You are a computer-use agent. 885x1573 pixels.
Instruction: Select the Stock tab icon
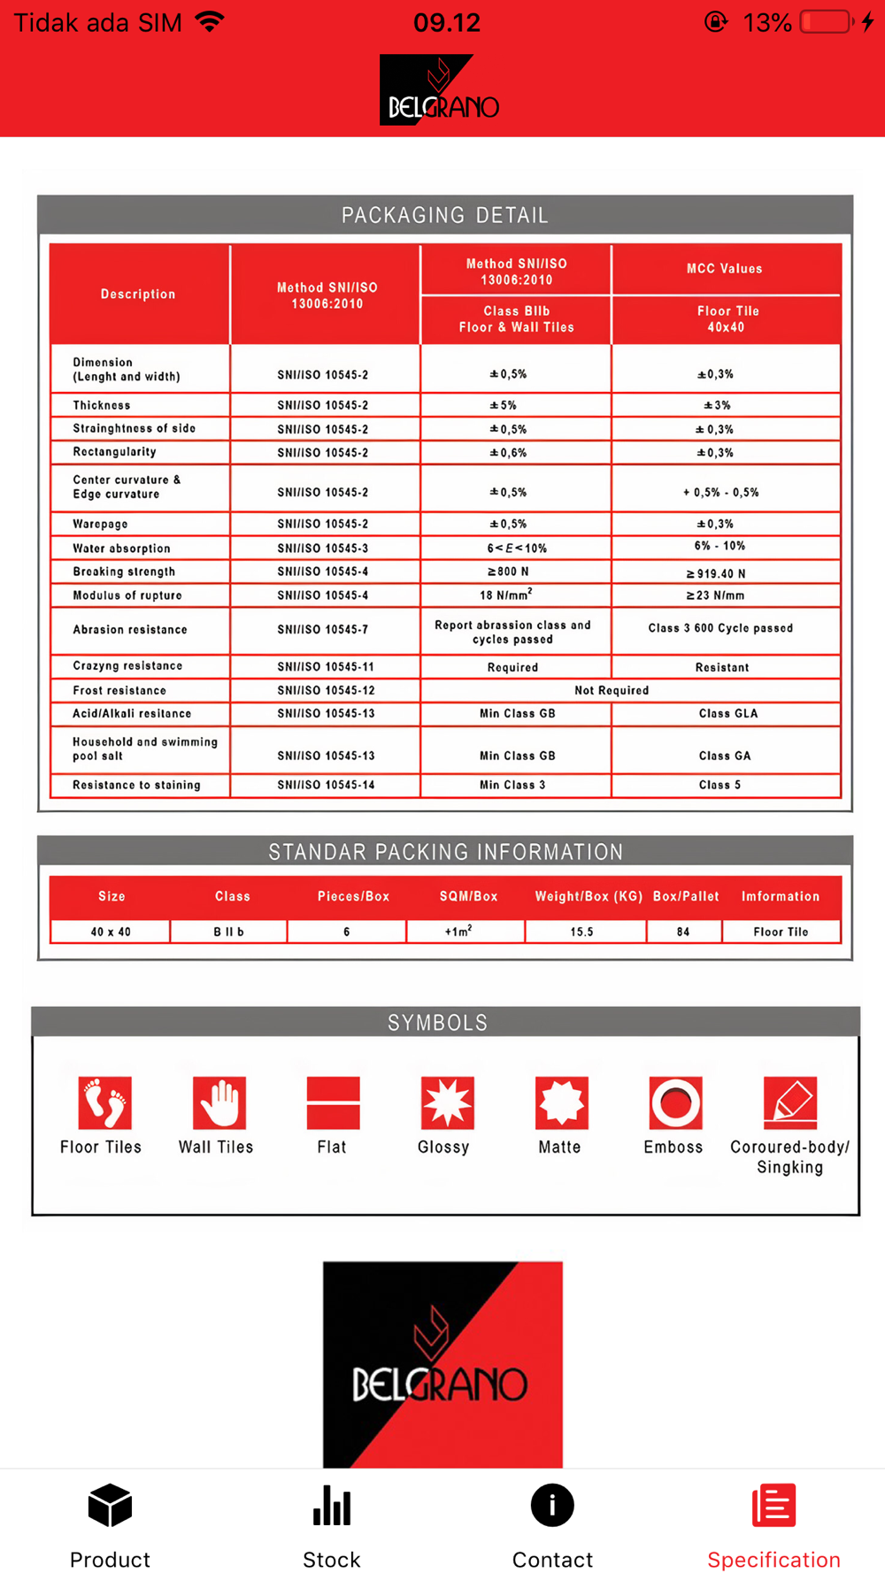click(332, 1506)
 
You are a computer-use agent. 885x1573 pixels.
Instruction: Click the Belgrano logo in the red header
click(440, 90)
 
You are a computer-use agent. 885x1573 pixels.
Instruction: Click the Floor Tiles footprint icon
click(104, 1103)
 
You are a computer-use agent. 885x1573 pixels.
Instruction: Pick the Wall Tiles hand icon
click(219, 1103)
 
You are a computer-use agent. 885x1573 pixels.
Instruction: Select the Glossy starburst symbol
click(447, 1103)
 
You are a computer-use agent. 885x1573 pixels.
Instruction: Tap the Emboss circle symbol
click(675, 1103)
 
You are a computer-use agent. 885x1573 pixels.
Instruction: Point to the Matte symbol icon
click(561, 1103)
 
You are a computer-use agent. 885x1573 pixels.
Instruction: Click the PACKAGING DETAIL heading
click(444, 215)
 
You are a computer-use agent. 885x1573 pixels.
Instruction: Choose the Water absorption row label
click(121, 549)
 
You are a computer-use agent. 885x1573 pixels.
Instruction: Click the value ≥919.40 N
click(716, 573)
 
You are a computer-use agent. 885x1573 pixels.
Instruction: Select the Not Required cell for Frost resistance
click(612, 690)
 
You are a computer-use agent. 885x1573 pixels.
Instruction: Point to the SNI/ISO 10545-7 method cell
click(323, 630)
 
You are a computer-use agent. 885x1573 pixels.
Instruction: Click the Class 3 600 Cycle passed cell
click(720, 628)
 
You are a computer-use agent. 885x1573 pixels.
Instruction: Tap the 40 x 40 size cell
click(111, 932)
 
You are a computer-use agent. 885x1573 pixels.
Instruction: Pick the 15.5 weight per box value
click(581, 932)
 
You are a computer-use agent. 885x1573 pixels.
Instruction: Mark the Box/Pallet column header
click(686, 896)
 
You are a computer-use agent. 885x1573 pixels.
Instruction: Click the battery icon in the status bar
click(826, 22)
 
